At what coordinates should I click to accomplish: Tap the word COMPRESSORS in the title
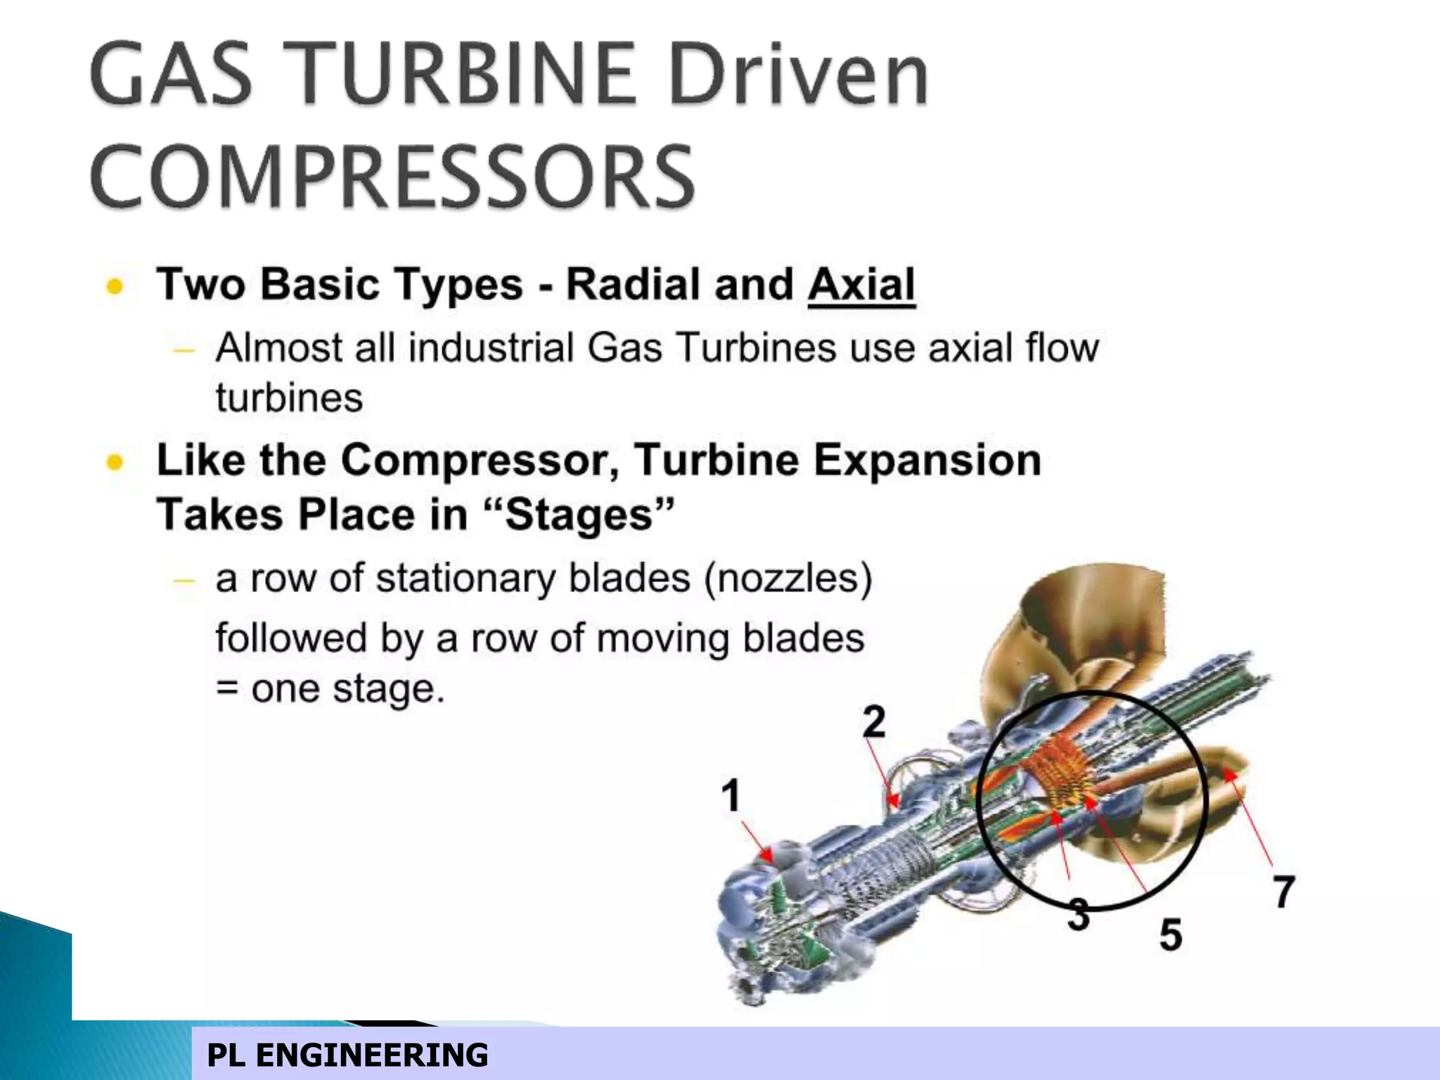pos(392,176)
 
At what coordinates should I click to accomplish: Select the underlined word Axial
pos(861,285)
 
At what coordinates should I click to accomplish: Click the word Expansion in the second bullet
pos(927,461)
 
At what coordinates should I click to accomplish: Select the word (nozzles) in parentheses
pos(788,579)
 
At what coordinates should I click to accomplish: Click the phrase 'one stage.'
pos(348,688)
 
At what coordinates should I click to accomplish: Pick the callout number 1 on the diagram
pos(731,795)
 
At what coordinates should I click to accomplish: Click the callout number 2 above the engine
pos(874,721)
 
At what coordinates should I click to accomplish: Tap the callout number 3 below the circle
pos(1079,915)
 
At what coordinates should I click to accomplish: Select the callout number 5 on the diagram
pos(1170,934)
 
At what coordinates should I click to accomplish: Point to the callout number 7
pos(1284,892)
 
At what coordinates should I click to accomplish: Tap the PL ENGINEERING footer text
pos(347,1055)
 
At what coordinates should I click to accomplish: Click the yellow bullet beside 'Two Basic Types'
pos(115,286)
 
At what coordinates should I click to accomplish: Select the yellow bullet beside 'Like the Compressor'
pos(115,462)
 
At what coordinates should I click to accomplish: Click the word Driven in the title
pos(799,74)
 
